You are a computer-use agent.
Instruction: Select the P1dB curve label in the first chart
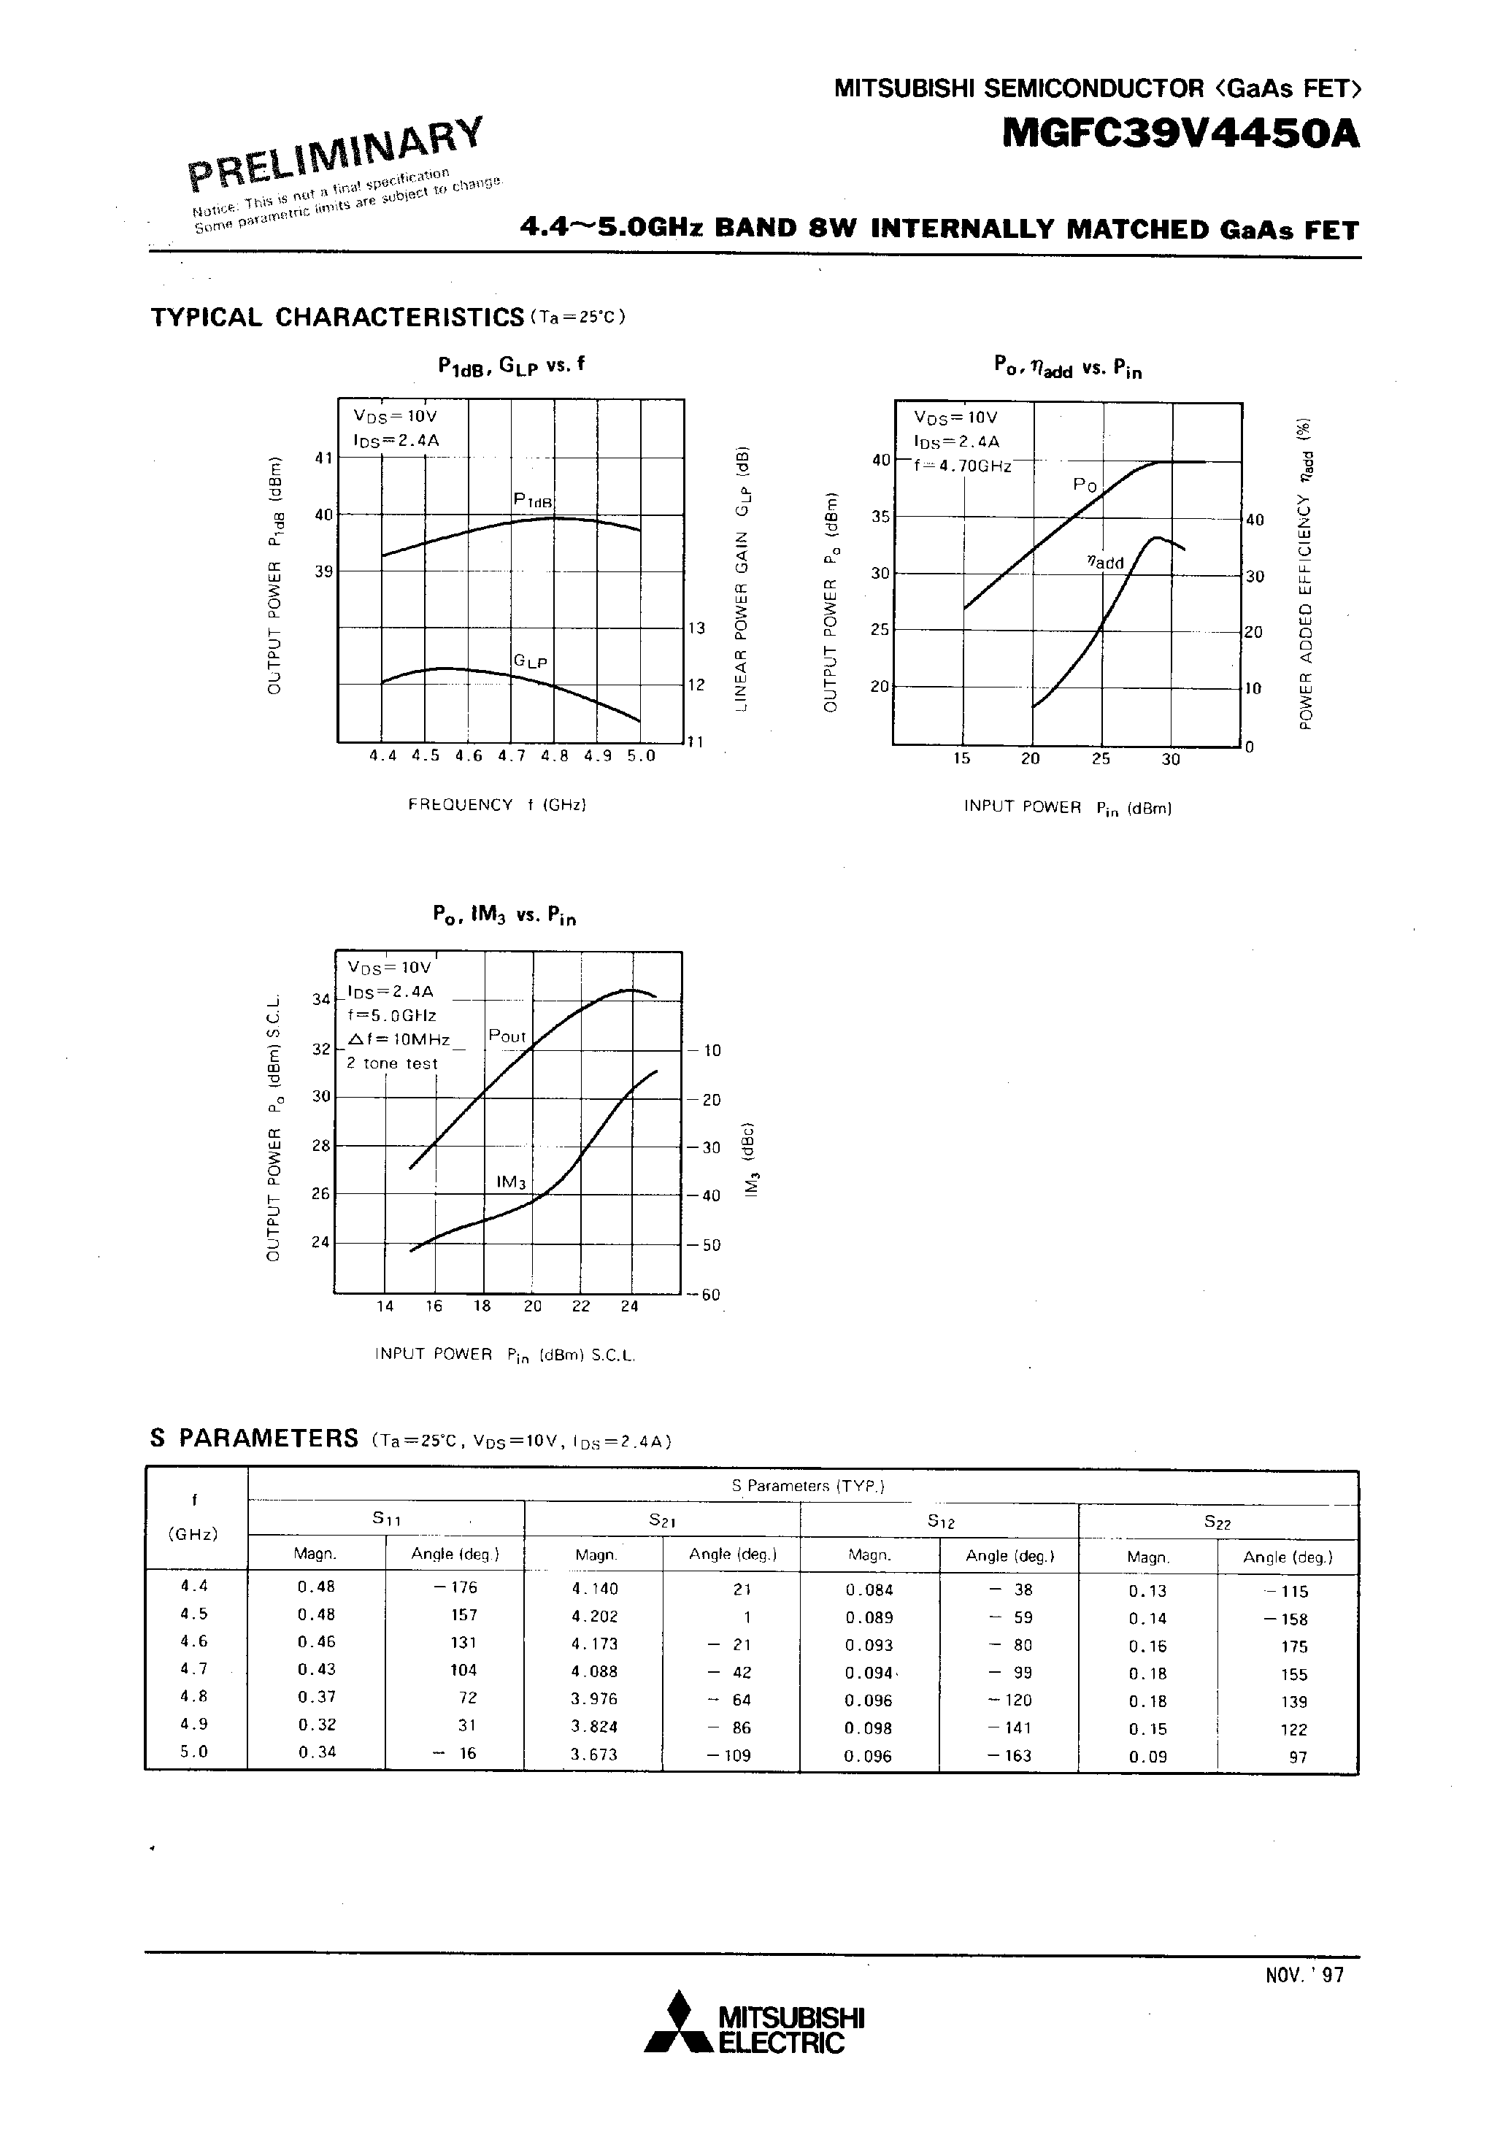[534, 501]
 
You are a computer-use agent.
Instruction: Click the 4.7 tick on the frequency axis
[512, 755]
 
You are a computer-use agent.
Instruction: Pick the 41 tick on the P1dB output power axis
[323, 458]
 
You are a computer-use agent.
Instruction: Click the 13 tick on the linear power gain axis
[696, 628]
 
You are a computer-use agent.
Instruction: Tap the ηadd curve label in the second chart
[1105, 562]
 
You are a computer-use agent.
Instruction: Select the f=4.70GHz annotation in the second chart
[962, 466]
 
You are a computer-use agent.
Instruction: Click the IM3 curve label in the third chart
[512, 1182]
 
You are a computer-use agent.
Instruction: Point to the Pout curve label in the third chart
[507, 1036]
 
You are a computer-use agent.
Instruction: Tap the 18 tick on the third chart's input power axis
[482, 1306]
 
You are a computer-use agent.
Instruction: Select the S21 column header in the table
[661, 1519]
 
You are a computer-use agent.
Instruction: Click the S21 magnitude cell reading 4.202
[594, 1617]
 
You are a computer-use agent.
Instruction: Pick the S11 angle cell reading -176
[455, 1587]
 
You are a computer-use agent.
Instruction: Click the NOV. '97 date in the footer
[1304, 2000]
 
